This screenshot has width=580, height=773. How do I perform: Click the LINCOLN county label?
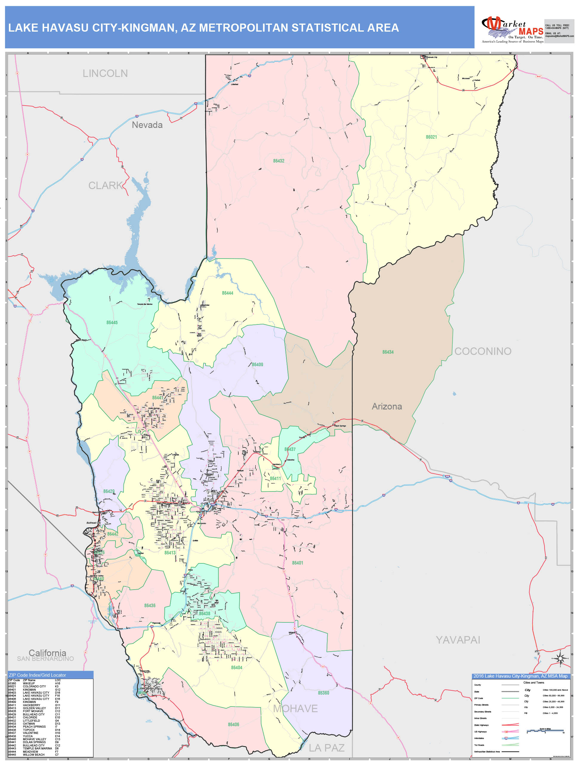(105, 73)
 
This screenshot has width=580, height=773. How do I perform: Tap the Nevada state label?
(147, 125)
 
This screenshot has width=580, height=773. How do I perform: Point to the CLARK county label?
(105, 185)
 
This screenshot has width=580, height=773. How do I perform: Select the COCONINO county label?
(482, 351)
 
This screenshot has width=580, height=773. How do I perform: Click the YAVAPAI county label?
(458, 640)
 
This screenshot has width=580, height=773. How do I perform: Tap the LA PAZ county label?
(326, 748)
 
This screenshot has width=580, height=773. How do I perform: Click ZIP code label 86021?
(431, 137)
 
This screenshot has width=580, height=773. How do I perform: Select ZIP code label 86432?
(279, 161)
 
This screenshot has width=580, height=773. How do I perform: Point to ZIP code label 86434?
(388, 352)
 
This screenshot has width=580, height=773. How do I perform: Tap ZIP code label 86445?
(112, 323)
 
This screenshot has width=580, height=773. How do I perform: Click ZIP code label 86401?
(297, 563)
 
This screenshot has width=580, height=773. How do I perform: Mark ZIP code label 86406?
(234, 724)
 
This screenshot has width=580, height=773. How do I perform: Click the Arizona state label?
(387, 406)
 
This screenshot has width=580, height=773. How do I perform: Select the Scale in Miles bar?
(545, 731)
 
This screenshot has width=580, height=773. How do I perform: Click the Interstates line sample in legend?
(510, 738)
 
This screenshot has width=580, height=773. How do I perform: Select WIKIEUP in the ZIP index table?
(29, 684)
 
